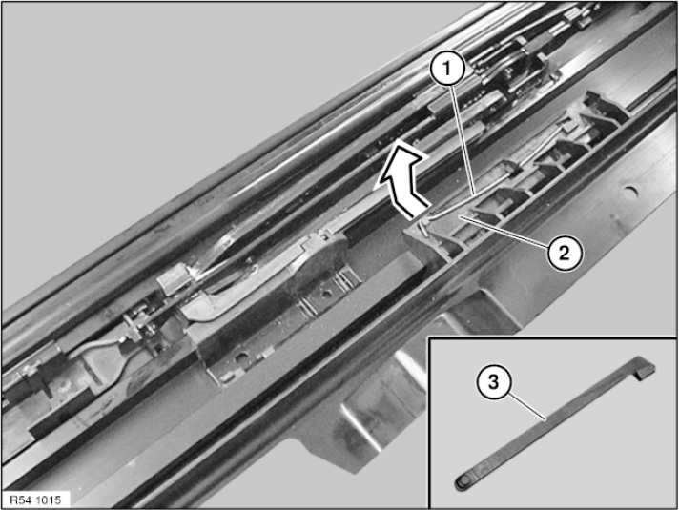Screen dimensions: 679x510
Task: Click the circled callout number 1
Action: [448, 69]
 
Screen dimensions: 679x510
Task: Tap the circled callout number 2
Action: [565, 254]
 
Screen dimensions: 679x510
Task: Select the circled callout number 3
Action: [494, 382]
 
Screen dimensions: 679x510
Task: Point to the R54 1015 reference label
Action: [35, 500]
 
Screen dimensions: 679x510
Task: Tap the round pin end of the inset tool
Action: [463, 481]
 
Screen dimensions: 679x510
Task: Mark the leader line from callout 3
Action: [527, 406]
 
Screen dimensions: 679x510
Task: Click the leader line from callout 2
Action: [504, 231]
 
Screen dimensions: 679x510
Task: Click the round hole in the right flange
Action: [630, 190]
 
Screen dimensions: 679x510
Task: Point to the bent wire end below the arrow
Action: [425, 226]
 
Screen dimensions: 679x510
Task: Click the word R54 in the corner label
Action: [20, 500]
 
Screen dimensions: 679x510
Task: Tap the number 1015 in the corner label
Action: [48, 500]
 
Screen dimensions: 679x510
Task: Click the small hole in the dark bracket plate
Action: [325, 295]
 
